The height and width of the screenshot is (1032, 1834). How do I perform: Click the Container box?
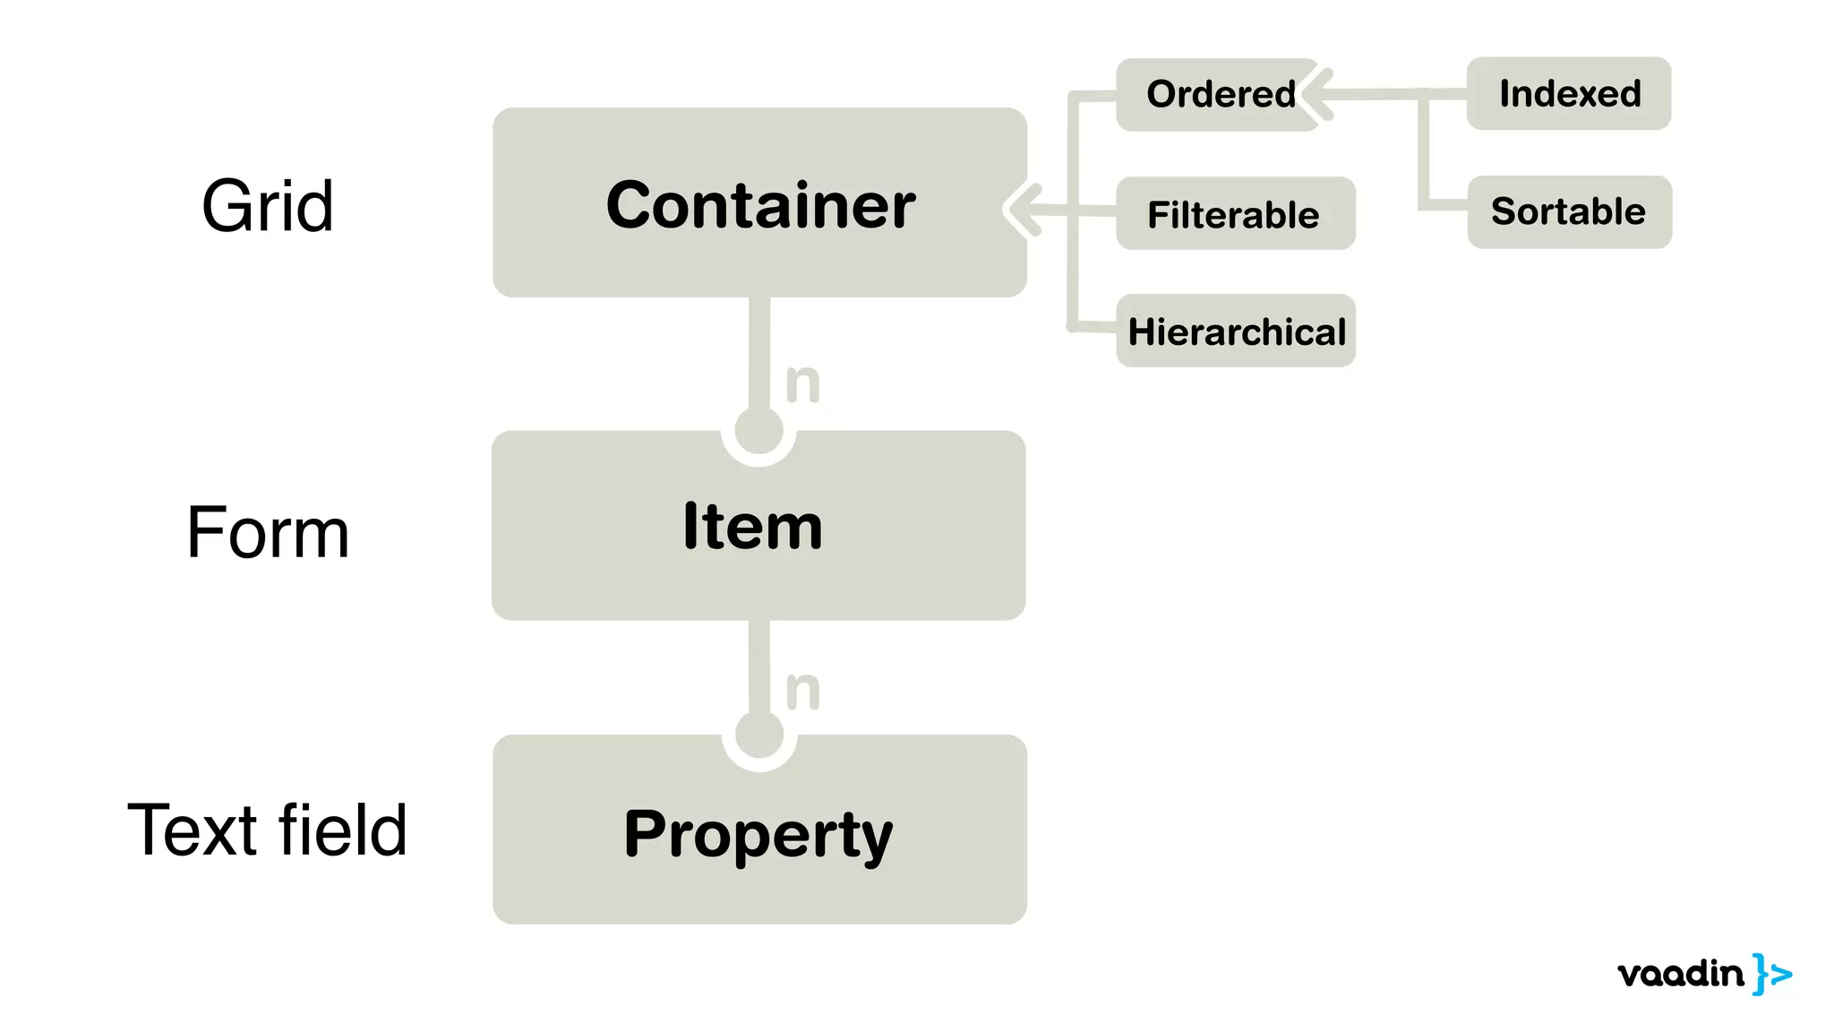click(759, 203)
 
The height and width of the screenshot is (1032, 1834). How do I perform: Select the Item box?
click(758, 526)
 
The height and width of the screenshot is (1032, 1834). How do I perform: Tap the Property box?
click(759, 830)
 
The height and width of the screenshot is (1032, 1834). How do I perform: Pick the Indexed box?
click(1569, 94)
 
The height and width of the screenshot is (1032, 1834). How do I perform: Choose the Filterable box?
click(1235, 214)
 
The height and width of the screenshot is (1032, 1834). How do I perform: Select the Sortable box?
click(1569, 212)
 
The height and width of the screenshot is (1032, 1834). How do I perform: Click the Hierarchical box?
click(1236, 331)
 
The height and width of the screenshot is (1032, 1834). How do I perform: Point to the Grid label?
click(268, 206)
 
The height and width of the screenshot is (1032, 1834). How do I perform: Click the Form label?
click(268, 532)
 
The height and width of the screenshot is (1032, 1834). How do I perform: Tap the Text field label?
click(268, 830)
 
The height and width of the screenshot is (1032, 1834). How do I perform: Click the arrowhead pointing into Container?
click(1021, 210)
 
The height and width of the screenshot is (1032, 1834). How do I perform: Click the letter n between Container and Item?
click(802, 383)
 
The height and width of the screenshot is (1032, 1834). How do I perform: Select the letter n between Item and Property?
click(802, 690)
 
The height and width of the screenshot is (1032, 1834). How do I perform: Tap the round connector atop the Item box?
click(758, 431)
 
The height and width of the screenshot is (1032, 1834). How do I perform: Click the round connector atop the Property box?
click(759, 735)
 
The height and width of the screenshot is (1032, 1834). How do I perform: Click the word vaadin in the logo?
click(1681, 974)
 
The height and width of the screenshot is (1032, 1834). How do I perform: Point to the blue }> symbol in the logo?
click(1772, 974)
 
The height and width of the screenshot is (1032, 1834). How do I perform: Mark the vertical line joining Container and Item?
click(759, 354)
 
